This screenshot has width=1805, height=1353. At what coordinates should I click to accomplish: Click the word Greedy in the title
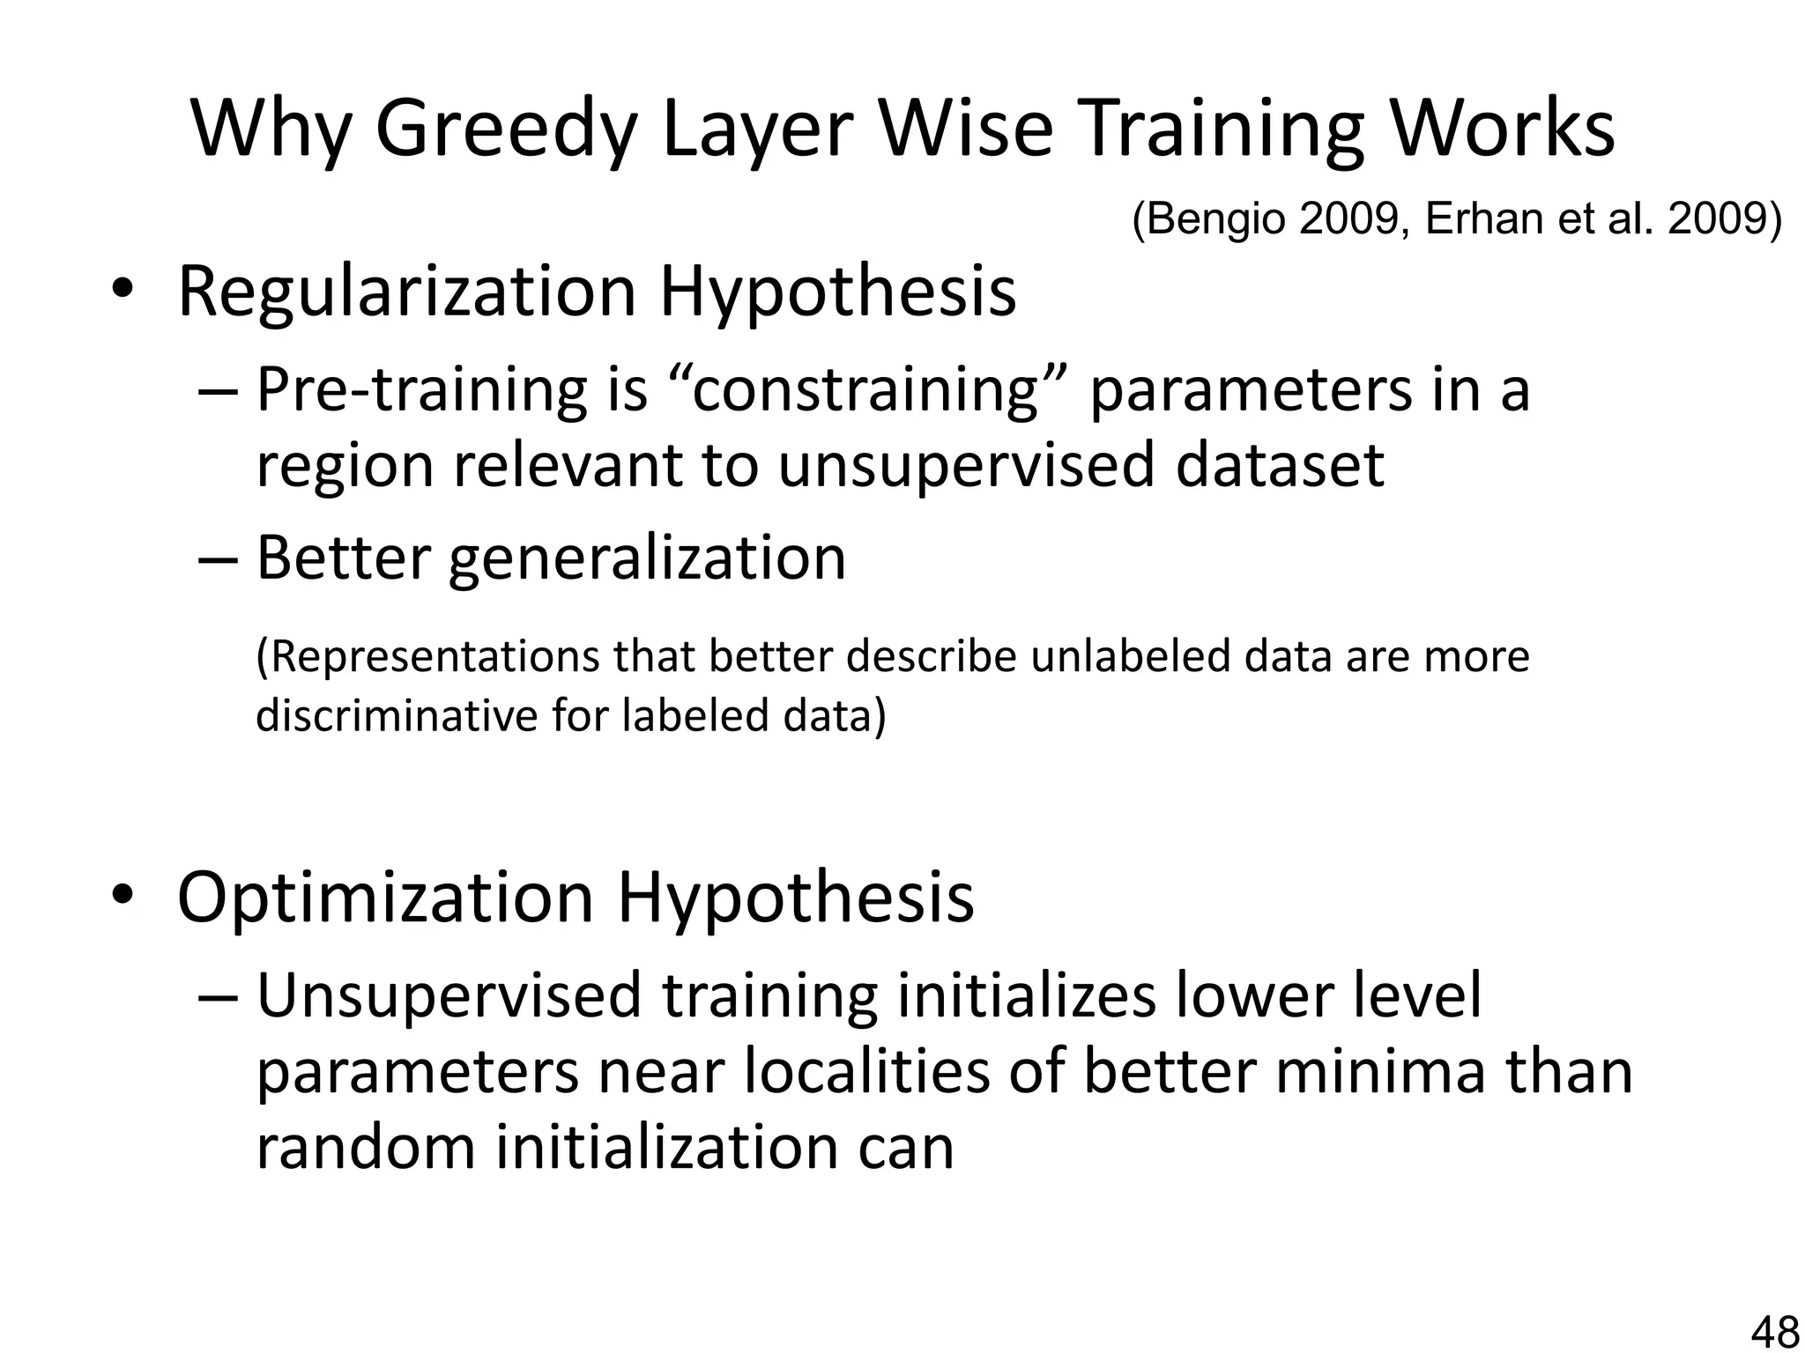coord(505,129)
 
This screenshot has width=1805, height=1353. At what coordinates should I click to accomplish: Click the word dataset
coord(1280,465)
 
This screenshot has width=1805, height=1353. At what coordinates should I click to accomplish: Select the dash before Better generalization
coord(218,558)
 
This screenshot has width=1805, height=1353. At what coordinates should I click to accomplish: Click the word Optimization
coord(385,897)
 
